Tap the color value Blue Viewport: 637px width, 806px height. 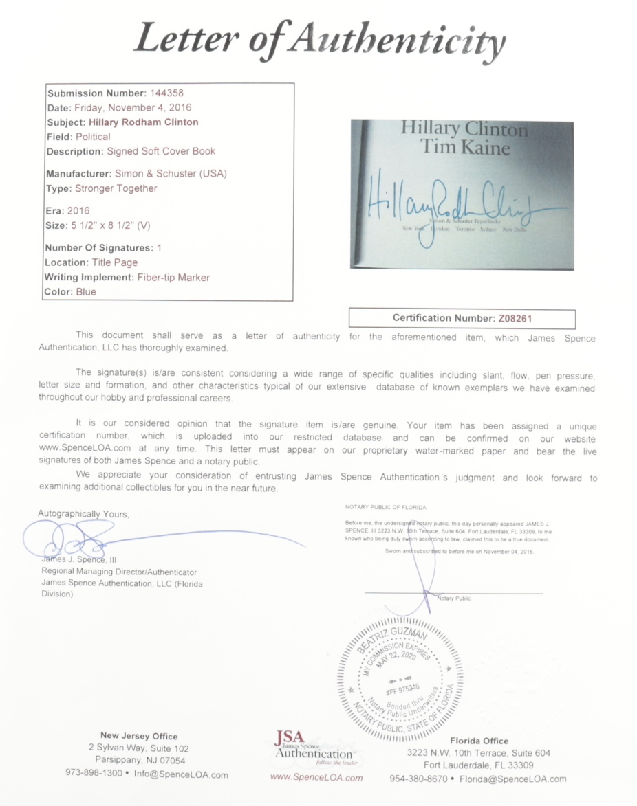click(87, 292)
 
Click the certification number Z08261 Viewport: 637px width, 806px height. click(513, 318)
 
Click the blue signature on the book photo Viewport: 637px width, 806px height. click(461, 203)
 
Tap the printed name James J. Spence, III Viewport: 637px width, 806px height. click(79, 559)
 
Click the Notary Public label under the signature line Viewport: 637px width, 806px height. click(454, 598)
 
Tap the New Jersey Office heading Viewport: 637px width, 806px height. click(139, 736)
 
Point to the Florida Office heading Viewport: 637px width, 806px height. click(479, 741)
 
